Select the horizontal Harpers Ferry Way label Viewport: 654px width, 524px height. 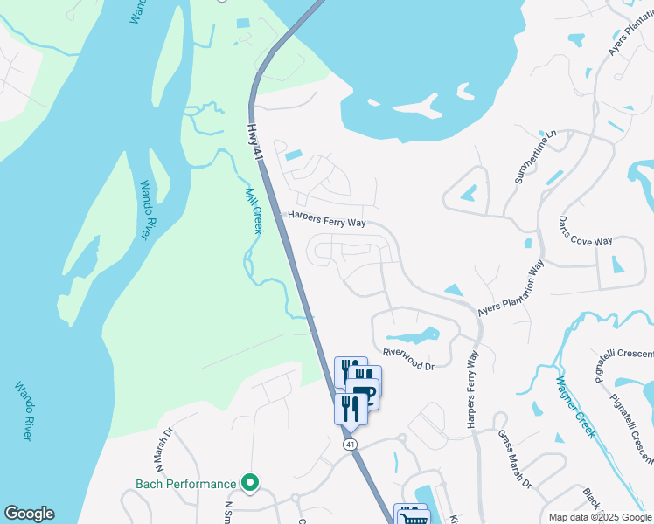[x=327, y=222]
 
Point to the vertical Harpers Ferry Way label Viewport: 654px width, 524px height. [x=472, y=390]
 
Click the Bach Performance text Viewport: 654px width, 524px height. [x=185, y=484]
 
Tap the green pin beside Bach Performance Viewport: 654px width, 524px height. [x=250, y=483]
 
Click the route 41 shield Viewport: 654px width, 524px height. [x=349, y=445]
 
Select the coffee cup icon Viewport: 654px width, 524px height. [x=363, y=394]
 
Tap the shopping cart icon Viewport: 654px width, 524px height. [x=413, y=517]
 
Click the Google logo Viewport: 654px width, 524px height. [x=29, y=514]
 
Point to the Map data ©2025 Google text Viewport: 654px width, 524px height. [x=600, y=517]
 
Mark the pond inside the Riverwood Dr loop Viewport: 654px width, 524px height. [x=412, y=336]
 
